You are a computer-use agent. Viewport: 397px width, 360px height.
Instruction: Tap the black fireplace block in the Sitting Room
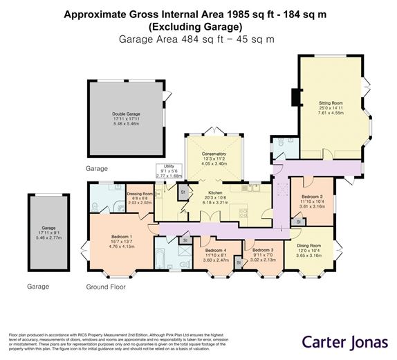coord(296,98)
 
